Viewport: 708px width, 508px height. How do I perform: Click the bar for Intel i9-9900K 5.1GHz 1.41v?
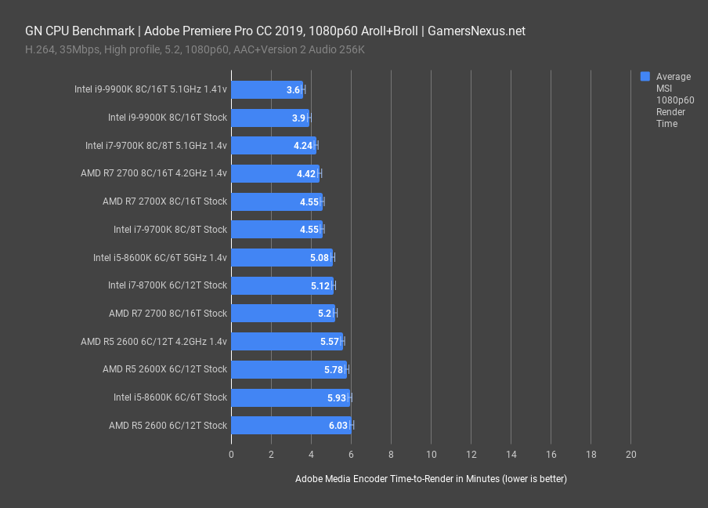pyautogui.click(x=266, y=89)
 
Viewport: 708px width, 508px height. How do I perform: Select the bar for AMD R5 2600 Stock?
pyautogui.click(x=291, y=425)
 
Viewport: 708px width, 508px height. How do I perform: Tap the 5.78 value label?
pyautogui.click(x=334, y=369)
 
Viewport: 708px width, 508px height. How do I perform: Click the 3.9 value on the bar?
pyautogui.click(x=298, y=118)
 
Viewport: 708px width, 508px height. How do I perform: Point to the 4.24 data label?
pyautogui.click(x=303, y=146)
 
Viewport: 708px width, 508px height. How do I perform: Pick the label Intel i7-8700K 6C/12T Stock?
pyautogui.click(x=168, y=285)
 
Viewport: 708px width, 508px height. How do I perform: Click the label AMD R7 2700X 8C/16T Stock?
pyautogui.click(x=164, y=201)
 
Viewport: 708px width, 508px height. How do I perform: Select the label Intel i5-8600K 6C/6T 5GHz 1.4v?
pyautogui.click(x=160, y=257)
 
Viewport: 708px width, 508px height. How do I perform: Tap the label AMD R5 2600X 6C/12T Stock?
pyautogui.click(x=164, y=369)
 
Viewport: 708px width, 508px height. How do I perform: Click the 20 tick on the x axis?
pyautogui.click(x=631, y=455)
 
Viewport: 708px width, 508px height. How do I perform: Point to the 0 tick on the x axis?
pyautogui.click(x=231, y=455)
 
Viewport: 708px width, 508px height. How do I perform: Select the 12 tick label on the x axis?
pyautogui.click(x=471, y=455)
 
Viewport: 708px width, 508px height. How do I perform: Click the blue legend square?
pyautogui.click(x=645, y=77)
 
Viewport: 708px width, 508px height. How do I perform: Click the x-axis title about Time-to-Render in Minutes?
pyautogui.click(x=431, y=479)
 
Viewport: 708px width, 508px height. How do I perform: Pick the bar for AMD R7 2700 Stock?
pyautogui.click(x=283, y=314)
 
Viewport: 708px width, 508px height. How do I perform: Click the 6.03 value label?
pyautogui.click(x=338, y=425)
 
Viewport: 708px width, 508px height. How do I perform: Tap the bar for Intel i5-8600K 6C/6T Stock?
pyautogui.click(x=290, y=397)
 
